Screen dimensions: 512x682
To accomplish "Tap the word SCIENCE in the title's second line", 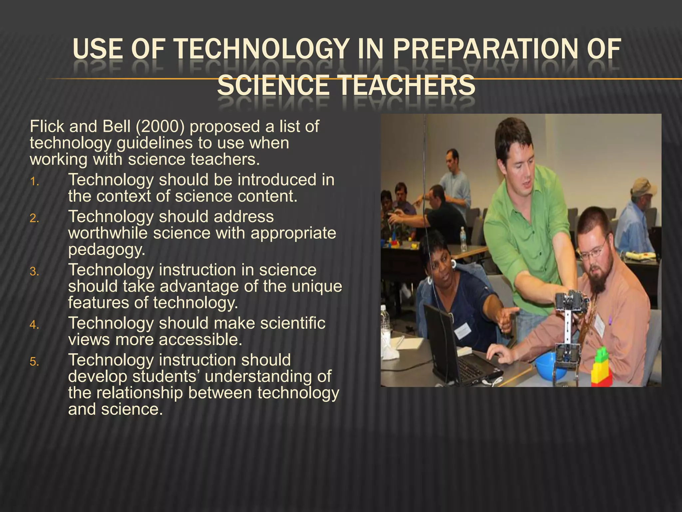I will click(x=273, y=85).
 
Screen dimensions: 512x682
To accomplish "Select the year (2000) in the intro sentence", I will click(x=160, y=127).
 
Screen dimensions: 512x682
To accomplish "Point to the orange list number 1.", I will click(x=34, y=182).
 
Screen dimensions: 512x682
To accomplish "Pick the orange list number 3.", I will click(x=34, y=272).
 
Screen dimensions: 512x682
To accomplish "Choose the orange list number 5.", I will click(x=34, y=362).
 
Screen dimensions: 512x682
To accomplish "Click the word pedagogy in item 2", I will click(x=107, y=249).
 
